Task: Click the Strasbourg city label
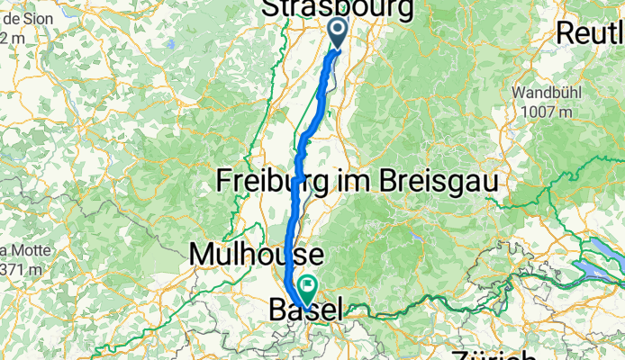pyautogui.click(x=338, y=9)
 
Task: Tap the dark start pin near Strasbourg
pyautogui.click(x=338, y=32)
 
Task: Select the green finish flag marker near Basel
pyautogui.click(x=308, y=289)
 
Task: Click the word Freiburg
pyautogui.click(x=269, y=181)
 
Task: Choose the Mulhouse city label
pyautogui.click(x=244, y=255)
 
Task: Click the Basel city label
pyautogui.click(x=306, y=311)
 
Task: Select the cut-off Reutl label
pyautogui.click(x=591, y=33)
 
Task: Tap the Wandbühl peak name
pyautogui.click(x=550, y=93)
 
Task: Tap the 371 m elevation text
pyautogui.click(x=16, y=268)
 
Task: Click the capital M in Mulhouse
pyautogui.click(x=200, y=255)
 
